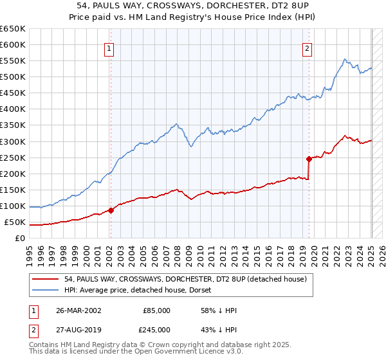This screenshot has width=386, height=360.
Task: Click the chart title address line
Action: click(x=193, y=5)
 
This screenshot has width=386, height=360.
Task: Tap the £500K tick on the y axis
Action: click(x=13, y=77)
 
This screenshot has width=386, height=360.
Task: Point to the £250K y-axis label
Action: click(x=13, y=157)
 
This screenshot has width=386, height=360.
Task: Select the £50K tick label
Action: click(x=15, y=222)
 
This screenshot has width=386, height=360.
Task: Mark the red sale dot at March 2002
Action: click(x=111, y=210)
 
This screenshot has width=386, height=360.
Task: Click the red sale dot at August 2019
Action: click(x=309, y=158)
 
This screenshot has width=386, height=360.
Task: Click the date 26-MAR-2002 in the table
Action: click(x=74, y=310)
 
